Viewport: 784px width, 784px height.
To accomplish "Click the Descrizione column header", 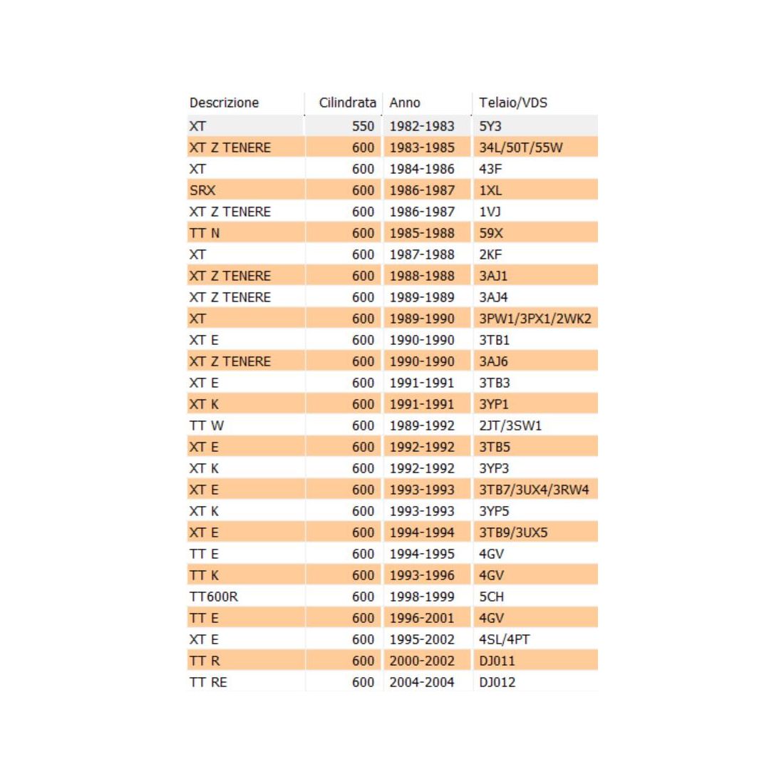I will pyautogui.click(x=224, y=103).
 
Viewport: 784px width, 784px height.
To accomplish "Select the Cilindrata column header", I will pyautogui.click(x=347, y=103).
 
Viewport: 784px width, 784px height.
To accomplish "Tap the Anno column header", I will pyautogui.click(x=405, y=103).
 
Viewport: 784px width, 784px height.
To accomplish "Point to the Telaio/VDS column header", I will pyautogui.click(x=513, y=103).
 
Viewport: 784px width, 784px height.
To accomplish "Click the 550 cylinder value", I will pyautogui.click(x=363, y=126).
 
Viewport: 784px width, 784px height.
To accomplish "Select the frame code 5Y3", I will pyautogui.click(x=490, y=126).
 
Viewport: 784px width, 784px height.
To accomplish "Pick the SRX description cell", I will pyautogui.click(x=202, y=190).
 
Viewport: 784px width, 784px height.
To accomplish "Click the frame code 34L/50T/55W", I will pyautogui.click(x=521, y=148).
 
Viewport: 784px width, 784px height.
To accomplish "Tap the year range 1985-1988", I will pyautogui.click(x=422, y=233).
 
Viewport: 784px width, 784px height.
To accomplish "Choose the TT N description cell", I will pyautogui.click(x=205, y=233).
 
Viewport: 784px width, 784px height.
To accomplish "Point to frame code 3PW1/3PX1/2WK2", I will pyautogui.click(x=535, y=319).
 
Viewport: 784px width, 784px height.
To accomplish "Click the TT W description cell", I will pyautogui.click(x=207, y=425).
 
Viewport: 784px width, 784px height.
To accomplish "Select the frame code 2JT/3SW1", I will pyautogui.click(x=510, y=425).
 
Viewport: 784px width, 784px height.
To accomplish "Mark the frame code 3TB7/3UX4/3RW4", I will pyautogui.click(x=534, y=490).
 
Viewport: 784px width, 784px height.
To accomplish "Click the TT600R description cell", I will pyautogui.click(x=214, y=597).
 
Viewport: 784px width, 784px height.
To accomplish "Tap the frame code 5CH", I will pyautogui.click(x=492, y=597).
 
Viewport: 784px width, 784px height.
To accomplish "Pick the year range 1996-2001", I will pyautogui.click(x=422, y=618).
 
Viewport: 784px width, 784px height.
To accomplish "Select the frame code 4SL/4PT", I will pyautogui.click(x=505, y=639).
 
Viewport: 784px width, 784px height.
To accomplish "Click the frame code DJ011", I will pyautogui.click(x=497, y=661).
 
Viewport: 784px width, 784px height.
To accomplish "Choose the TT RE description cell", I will pyautogui.click(x=208, y=682).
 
